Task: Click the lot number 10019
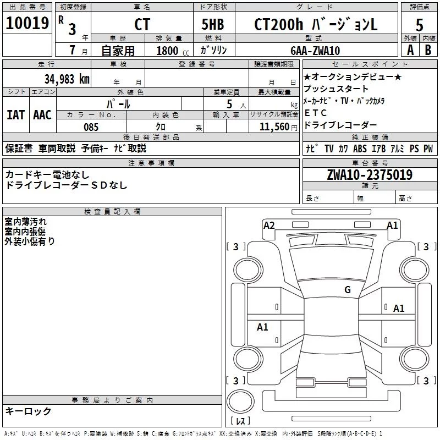(27, 23)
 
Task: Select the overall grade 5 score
(419, 25)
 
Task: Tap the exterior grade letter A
(410, 50)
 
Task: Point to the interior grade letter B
(428, 50)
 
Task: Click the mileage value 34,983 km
(67, 79)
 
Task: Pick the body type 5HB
(213, 24)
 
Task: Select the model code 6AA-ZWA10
(315, 51)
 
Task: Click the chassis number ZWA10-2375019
(370, 175)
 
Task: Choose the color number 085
(91, 127)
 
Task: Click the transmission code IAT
(16, 115)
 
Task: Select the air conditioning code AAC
(42, 115)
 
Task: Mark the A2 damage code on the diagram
(269, 226)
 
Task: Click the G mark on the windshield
(348, 289)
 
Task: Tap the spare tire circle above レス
(240, 402)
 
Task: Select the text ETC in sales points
(315, 113)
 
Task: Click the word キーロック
(28, 411)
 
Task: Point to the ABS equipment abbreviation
(360, 148)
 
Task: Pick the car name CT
(142, 24)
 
